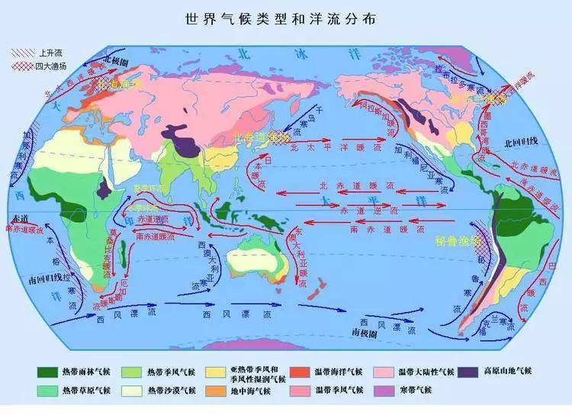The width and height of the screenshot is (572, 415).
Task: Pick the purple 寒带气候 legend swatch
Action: point(388,391)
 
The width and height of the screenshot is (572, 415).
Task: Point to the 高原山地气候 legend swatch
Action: point(467,372)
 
